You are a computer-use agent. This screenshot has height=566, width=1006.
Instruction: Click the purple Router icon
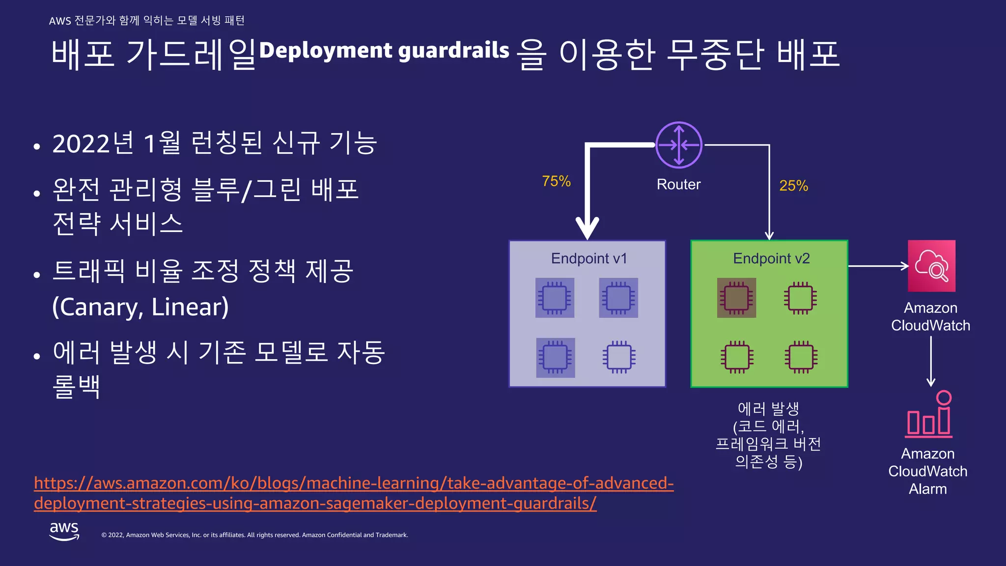point(679,145)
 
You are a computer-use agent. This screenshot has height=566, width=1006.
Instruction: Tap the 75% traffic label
point(556,181)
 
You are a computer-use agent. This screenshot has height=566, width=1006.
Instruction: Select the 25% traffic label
point(793,186)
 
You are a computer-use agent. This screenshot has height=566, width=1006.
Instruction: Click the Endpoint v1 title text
point(588,258)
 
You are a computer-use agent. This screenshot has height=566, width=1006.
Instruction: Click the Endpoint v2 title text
point(771,258)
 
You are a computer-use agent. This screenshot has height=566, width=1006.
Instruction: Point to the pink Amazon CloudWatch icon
point(931,266)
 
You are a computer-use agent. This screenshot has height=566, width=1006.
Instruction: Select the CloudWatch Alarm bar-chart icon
point(929,415)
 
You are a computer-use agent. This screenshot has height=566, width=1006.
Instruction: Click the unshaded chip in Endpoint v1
point(619,357)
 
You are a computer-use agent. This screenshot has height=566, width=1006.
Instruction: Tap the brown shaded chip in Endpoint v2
point(736,298)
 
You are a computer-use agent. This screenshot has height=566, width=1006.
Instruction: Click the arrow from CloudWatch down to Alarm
point(930,361)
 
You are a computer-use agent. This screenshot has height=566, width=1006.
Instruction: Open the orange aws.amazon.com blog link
point(353,493)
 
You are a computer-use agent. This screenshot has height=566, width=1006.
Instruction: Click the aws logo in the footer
point(64,531)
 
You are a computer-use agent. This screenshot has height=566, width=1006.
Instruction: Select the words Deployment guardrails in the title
point(384,51)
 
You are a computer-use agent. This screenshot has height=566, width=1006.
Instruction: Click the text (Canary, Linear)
point(140,307)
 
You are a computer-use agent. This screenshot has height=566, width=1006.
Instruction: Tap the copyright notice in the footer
point(254,535)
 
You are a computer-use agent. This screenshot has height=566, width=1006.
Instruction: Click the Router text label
point(678,184)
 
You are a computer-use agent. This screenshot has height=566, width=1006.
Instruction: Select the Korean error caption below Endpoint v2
point(768,435)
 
